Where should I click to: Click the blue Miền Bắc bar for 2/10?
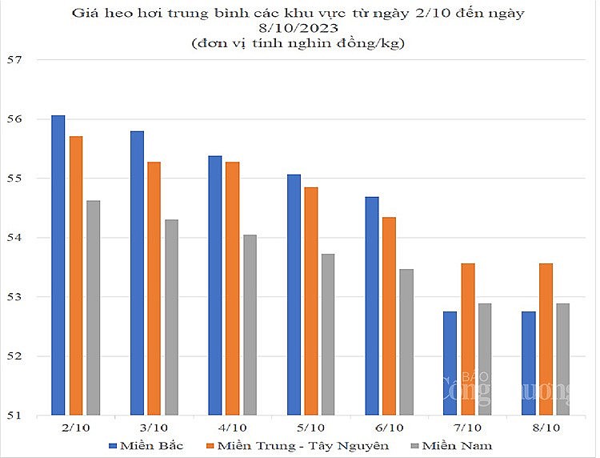(58, 265)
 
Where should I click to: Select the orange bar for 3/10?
(154, 288)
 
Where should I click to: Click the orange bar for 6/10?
(389, 316)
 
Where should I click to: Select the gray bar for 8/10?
(562, 360)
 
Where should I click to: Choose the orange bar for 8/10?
(546, 339)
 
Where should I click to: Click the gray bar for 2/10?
(93, 308)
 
